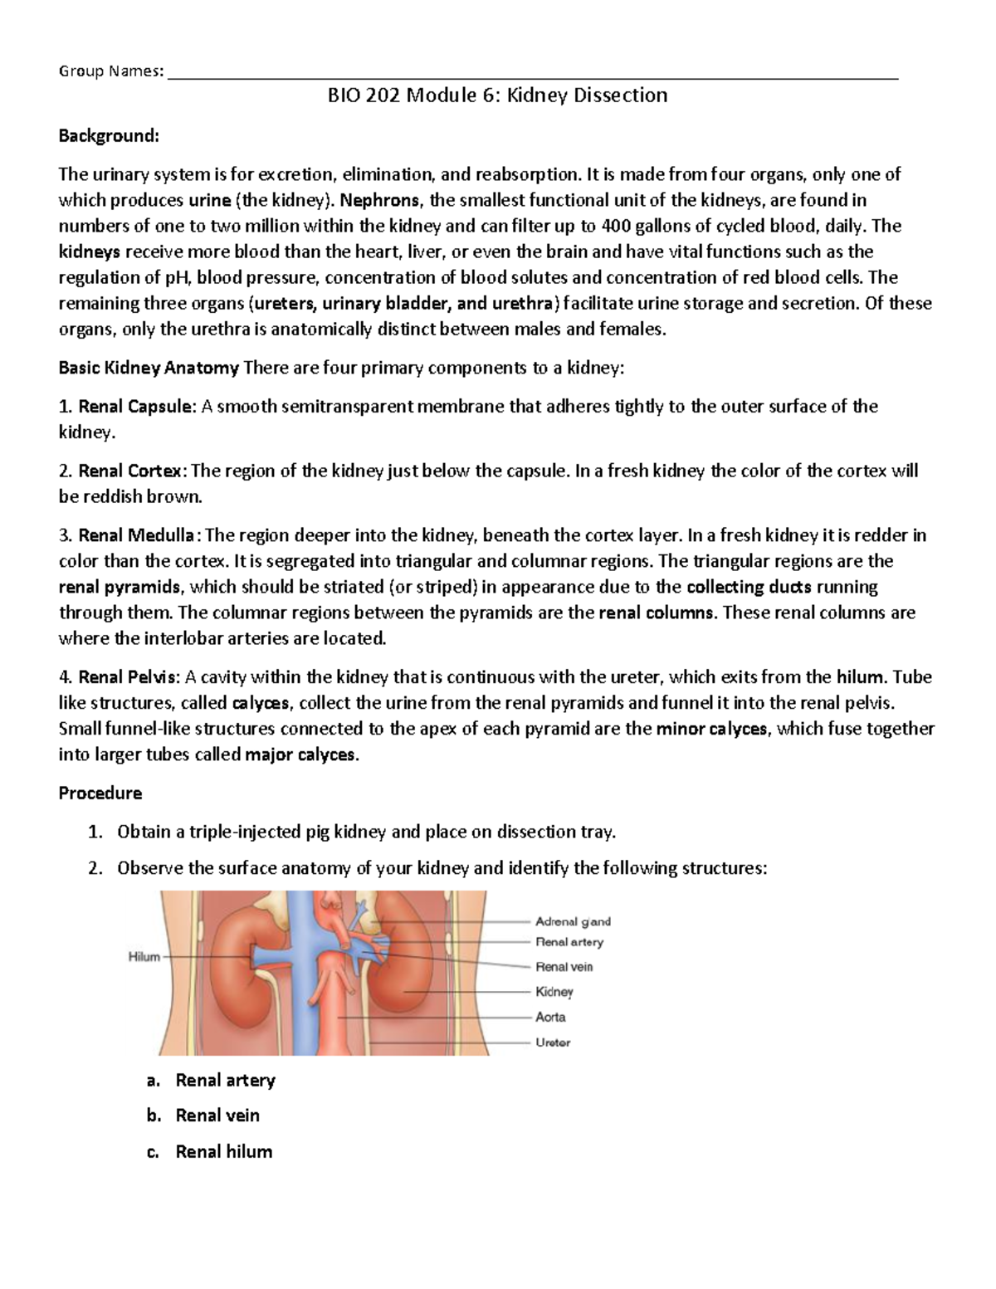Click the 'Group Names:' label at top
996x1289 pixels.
tap(110, 71)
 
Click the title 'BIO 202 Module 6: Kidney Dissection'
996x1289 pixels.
tap(497, 95)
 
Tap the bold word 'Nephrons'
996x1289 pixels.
tap(380, 200)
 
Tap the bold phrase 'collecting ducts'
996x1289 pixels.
tap(749, 587)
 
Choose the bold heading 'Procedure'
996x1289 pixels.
tap(100, 793)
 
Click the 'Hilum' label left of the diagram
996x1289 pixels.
tap(144, 957)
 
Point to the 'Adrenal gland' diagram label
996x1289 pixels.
tap(573, 921)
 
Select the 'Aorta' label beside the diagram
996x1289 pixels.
tap(550, 1017)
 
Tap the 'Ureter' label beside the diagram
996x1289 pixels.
tap(553, 1042)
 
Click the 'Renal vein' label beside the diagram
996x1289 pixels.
tap(564, 967)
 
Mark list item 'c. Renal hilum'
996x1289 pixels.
tap(223, 1152)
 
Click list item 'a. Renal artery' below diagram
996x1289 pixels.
tap(225, 1081)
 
